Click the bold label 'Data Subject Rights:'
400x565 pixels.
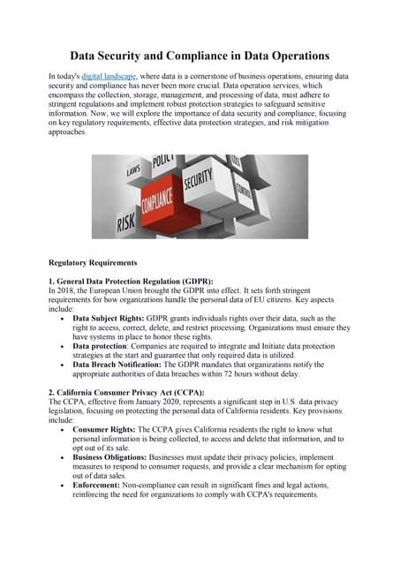pos(109,318)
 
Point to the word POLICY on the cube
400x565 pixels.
pos(164,162)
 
